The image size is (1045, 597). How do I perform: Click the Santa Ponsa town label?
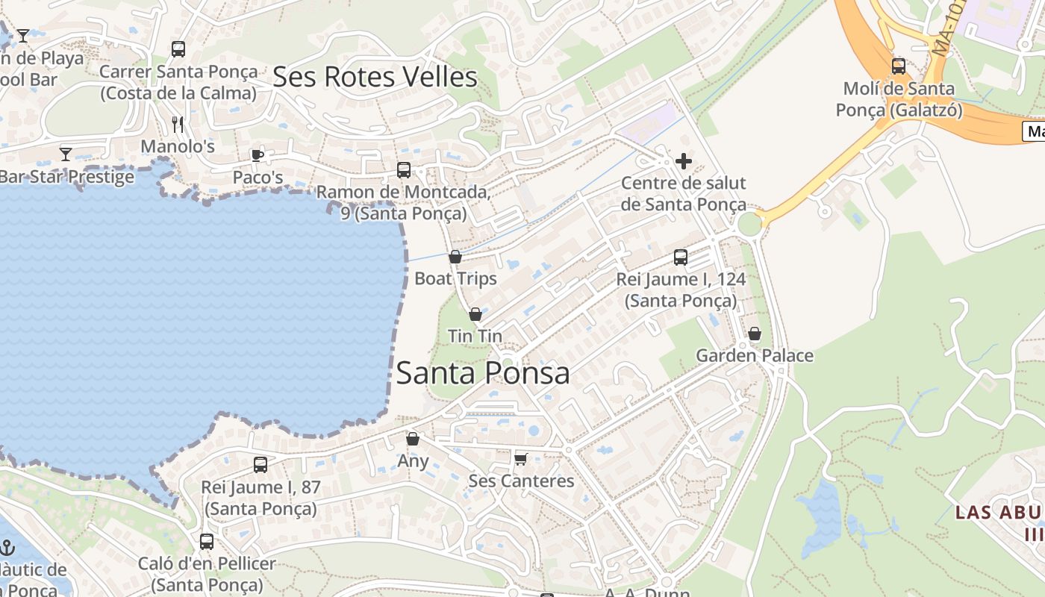tap(483, 373)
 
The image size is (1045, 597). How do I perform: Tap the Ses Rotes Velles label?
tap(375, 77)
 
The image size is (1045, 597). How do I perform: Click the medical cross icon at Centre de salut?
tap(683, 161)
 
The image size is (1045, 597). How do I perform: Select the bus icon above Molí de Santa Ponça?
tap(899, 66)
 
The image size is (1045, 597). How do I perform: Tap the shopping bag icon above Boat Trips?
tap(455, 257)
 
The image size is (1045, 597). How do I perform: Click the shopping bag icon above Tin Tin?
tap(475, 315)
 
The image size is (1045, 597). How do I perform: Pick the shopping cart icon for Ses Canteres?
tap(520, 458)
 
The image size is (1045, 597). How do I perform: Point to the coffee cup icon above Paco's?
tap(258, 155)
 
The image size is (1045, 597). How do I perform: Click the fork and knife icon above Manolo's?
tap(178, 124)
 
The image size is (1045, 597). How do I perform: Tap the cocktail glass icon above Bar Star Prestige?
tap(66, 154)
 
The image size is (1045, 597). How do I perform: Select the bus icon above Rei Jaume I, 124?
tap(681, 257)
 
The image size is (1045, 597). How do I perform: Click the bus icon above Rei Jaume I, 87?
tap(260, 465)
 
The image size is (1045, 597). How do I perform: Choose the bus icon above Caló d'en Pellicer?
tap(207, 542)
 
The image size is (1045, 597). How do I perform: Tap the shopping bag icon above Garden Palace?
tap(755, 334)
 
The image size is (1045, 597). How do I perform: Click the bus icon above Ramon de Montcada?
tap(404, 170)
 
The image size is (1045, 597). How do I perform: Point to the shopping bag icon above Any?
tap(413, 439)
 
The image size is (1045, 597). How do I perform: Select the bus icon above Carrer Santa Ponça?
tap(178, 49)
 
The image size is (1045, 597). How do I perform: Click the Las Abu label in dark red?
tap(998, 513)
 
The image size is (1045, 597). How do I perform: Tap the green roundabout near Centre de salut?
tap(749, 223)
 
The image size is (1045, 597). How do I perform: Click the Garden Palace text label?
tap(755, 356)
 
